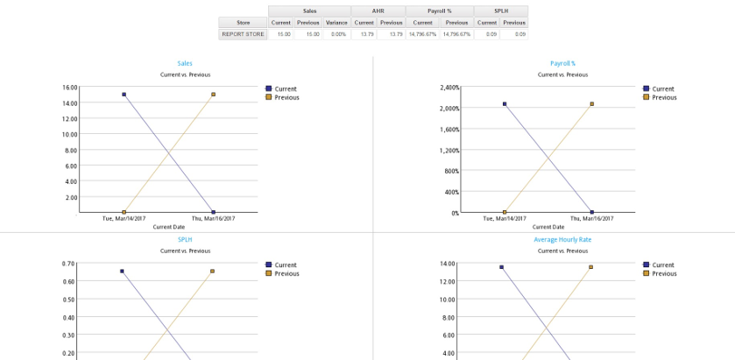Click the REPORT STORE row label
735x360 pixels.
coord(243,34)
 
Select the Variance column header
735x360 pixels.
coord(336,23)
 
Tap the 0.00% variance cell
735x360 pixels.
coord(336,34)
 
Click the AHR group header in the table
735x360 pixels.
coord(378,11)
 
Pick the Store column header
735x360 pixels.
coord(243,23)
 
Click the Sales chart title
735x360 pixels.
coord(185,64)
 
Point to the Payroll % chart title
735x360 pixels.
coord(562,64)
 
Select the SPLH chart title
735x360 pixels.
coord(185,239)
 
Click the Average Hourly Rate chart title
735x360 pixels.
coord(562,239)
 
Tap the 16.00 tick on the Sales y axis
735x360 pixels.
coord(70,88)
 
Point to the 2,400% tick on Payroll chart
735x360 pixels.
coord(449,88)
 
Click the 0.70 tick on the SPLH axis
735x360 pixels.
coord(68,264)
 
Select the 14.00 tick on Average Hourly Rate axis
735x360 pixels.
coord(447,264)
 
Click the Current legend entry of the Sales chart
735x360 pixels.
coord(285,88)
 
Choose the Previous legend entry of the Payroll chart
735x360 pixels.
coord(664,97)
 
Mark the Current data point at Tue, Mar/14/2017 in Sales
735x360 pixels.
coord(124,95)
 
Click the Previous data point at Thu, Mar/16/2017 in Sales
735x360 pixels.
coord(213,95)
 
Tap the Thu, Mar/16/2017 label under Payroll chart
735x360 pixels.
coord(591,218)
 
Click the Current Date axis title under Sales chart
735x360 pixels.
coord(168,227)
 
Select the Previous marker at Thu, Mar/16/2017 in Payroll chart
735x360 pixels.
coord(592,104)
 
